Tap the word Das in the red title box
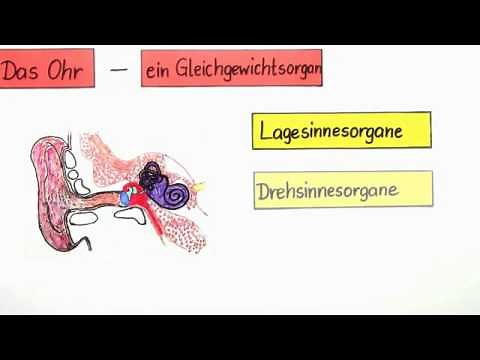tap(23, 70)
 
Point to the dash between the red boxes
tap(119, 69)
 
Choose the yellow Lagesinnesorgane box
tap(341, 131)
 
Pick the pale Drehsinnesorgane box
tap(342, 189)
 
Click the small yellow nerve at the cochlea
tap(197, 186)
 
